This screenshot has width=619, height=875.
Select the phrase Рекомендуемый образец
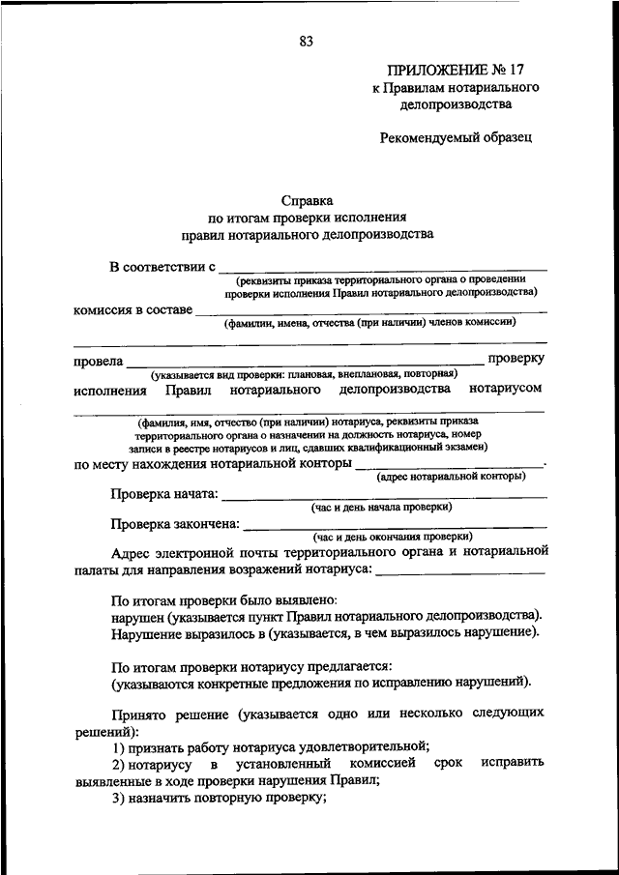click(x=455, y=137)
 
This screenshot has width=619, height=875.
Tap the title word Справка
click(x=307, y=200)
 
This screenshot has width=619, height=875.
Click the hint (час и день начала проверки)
click(x=381, y=507)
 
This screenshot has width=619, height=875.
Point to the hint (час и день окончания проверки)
click(x=392, y=536)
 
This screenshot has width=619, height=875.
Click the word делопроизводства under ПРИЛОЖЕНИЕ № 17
click(x=455, y=104)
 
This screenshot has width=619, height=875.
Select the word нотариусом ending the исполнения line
click(x=506, y=389)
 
